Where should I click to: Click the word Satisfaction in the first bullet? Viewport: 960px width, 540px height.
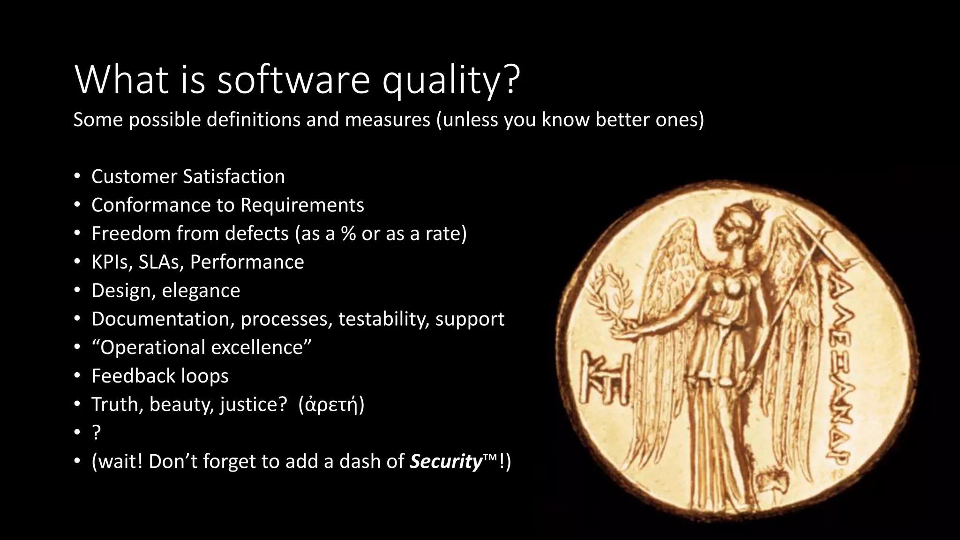(234, 177)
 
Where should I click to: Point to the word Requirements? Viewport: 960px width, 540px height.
(302, 205)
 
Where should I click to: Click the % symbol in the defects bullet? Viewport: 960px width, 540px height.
(348, 233)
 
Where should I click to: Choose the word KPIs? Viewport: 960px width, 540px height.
(112, 262)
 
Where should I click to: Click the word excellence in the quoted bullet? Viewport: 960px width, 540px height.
(257, 348)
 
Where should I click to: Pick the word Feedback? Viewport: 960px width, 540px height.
(133, 376)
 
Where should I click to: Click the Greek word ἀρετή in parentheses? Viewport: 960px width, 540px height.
(331, 405)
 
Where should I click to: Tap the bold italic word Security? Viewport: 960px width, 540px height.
(446, 462)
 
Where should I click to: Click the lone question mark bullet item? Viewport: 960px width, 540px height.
(96, 433)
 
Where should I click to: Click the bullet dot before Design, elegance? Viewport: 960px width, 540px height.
(77, 291)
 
